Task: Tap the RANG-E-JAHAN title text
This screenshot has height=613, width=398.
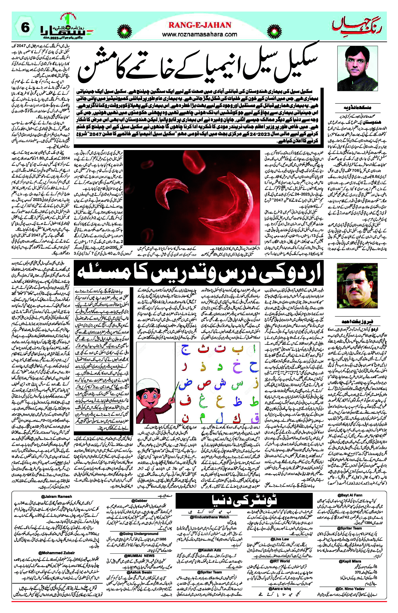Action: pos(200,25)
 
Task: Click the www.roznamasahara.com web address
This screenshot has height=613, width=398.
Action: pos(200,34)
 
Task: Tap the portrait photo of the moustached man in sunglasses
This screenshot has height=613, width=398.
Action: pos(357,286)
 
